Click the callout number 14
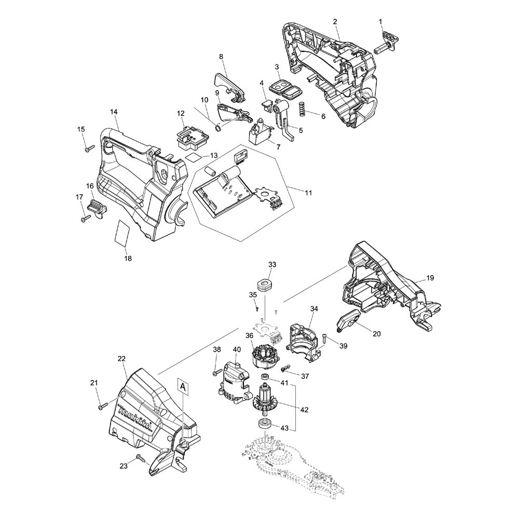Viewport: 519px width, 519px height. click(114, 112)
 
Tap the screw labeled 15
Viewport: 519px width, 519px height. click(86, 149)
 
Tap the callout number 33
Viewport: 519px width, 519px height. click(272, 265)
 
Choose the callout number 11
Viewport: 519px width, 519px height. click(308, 193)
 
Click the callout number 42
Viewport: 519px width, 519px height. click(304, 409)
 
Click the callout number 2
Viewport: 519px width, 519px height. click(335, 21)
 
